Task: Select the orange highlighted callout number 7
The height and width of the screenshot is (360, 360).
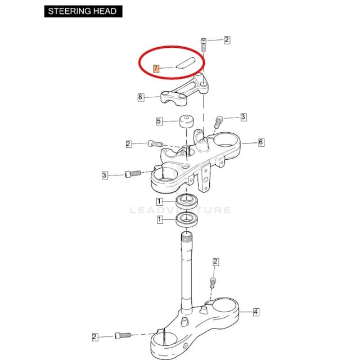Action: coord(156,69)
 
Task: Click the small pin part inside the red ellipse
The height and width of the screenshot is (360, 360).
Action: coord(185,62)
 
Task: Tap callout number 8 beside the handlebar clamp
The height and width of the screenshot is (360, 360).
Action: coord(141,97)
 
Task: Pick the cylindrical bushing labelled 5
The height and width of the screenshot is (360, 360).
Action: coord(186,121)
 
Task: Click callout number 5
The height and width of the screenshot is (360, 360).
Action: coord(159,121)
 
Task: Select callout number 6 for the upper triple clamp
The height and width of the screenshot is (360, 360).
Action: coord(261,142)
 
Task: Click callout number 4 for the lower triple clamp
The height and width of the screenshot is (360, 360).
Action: coord(256,312)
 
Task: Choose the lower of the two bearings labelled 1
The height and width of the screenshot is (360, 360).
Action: coord(187,219)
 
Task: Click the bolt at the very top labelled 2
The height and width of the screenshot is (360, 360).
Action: coord(204,45)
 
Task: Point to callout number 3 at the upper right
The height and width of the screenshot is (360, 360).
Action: coord(244,117)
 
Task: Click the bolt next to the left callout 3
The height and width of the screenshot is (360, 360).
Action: coord(133,174)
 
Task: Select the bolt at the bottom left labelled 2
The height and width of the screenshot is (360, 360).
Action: coord(123,335)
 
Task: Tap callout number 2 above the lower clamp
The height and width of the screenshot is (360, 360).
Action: coord(215,262)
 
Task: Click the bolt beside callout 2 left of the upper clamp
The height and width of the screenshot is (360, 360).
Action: coord(155,144)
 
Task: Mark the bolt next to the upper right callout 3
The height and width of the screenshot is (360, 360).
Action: coord(218,123)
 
